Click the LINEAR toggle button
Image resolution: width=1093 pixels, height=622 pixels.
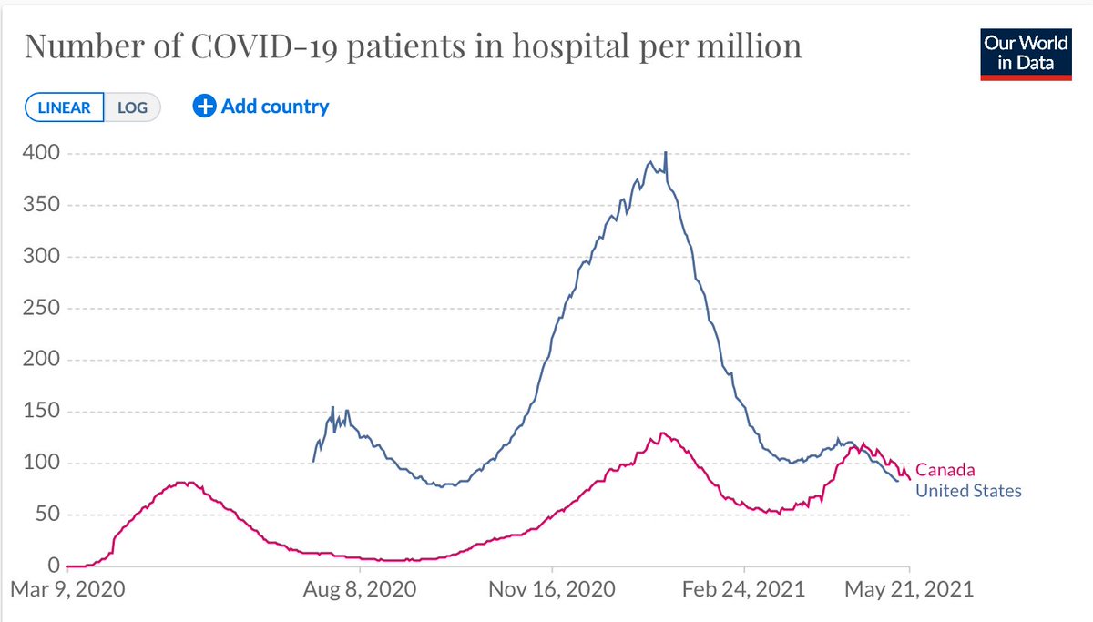point(64,107)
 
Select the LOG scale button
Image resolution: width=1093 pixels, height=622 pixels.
point(132,107)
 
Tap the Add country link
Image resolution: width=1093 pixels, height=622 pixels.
point(275,107)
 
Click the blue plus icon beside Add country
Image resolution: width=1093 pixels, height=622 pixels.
point(205,107)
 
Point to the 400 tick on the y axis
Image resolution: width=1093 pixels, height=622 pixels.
point(42,153)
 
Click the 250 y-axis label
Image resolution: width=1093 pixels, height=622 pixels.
point(42,308)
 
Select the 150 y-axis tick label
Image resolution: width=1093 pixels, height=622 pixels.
point(42,412)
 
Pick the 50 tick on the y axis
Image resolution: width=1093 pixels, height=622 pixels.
point(47,515)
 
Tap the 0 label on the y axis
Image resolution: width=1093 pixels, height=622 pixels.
point(53,566)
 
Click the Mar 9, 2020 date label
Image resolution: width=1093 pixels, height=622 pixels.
point(69,589)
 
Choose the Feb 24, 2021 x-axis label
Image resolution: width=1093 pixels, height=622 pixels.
point(744,589)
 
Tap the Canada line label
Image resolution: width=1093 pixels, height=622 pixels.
point(945,470)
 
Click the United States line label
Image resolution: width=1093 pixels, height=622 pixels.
point(968,491)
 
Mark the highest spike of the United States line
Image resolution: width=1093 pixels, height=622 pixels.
point(666,153)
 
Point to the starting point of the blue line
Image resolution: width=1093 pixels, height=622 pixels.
point(314,461)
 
